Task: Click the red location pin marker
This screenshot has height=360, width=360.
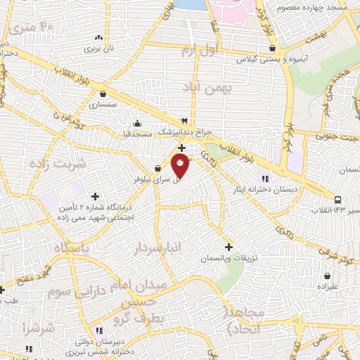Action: pos(180,166)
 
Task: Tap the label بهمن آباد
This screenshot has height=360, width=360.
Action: pos(202,87)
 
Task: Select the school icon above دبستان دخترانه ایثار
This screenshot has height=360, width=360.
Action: pos(264,178)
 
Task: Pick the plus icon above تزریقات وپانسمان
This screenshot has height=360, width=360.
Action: pos(228,247)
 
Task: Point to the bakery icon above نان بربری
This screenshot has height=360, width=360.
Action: pos(98,38)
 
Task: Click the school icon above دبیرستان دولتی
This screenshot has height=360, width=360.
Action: pos(99,329)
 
